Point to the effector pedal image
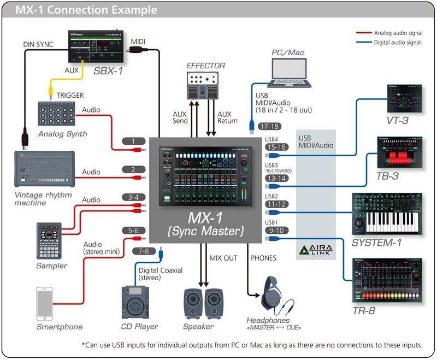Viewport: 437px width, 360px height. (x=202, y=85)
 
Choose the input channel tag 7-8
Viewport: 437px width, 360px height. (x=144, y=250)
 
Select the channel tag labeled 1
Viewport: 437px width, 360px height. (x=134, y=141)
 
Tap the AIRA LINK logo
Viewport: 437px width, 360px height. (x=316, y=251)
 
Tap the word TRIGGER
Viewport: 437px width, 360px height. (x=70, y=96)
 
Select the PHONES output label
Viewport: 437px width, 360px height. (x=263, y=258)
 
